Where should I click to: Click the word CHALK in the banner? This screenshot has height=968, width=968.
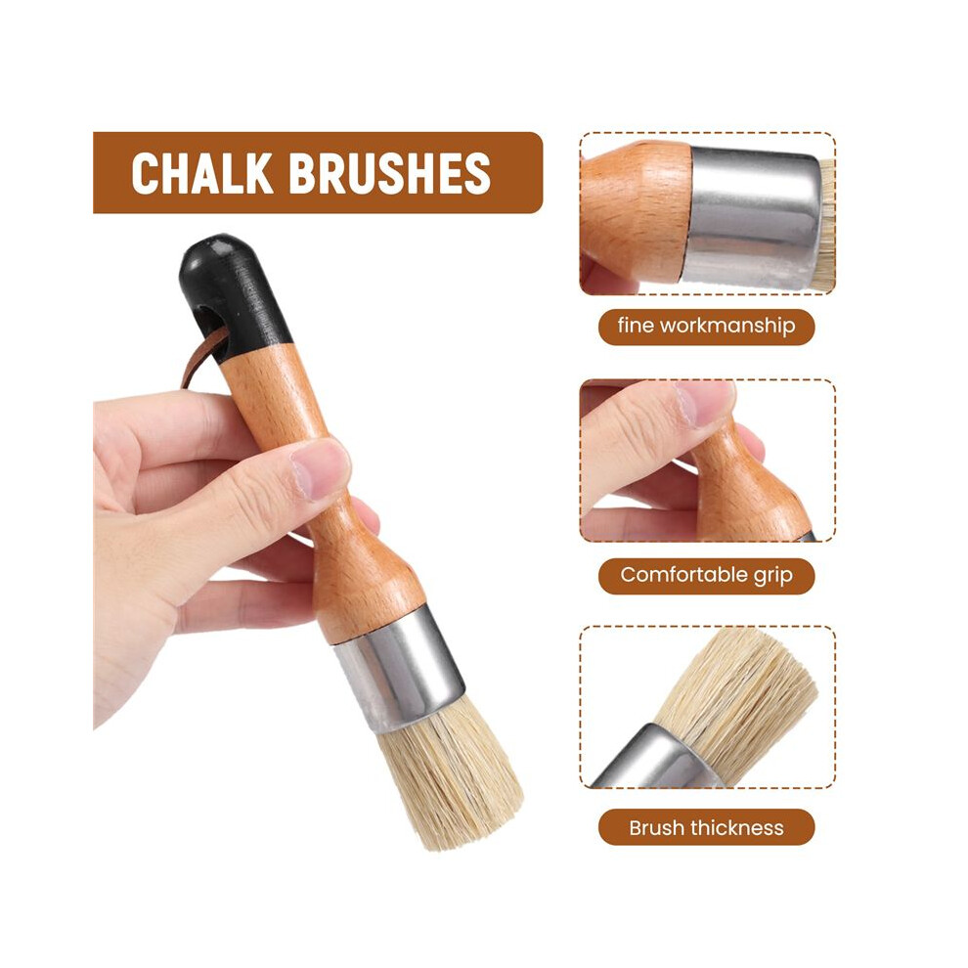[x=201, y=173]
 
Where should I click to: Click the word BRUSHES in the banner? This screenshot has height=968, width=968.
[x=389, y=173]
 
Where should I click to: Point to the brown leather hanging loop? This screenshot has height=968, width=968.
[x=200, y=358]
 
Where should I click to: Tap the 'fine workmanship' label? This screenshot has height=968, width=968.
[x=706, y=327]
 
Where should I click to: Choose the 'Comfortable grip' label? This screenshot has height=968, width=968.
[x=706, y=575]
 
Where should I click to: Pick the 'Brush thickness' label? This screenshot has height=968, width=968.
[x=706, y=827]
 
